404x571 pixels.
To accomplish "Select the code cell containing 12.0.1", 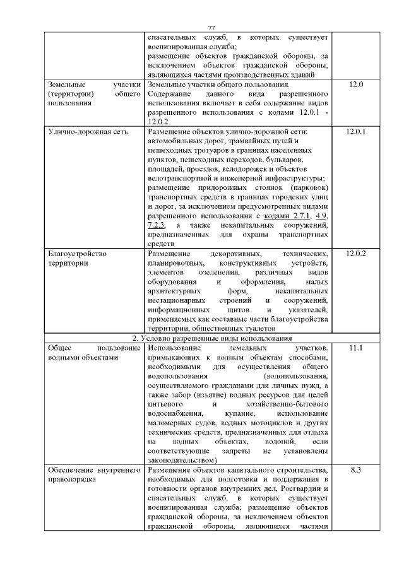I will [x=356, y=132].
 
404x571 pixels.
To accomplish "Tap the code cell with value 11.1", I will [x=356, y=349].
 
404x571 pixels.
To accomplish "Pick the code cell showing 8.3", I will [x=356, y=471].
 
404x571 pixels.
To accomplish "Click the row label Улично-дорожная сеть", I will [x=88, y=132].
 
